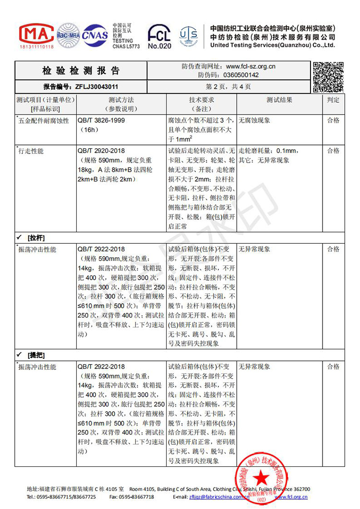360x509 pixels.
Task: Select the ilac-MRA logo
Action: tap(68, 34)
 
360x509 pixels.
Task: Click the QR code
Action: tap(328, 77)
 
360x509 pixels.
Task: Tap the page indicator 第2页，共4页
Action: tap(228, 87)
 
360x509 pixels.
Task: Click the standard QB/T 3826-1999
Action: tap(101, 120)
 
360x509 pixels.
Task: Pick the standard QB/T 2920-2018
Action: tap(101, 151)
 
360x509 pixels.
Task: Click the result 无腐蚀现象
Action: tap(254, 120)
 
